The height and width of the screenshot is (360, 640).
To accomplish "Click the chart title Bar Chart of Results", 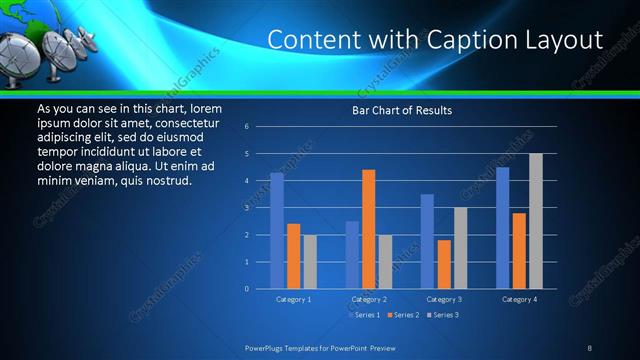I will pos(400,110).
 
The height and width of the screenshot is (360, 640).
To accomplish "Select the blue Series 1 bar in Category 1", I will pos(277,231).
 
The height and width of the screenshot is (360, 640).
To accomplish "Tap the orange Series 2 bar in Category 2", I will pos(369,229).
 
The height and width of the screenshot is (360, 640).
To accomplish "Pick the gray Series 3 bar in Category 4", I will pos(536,221).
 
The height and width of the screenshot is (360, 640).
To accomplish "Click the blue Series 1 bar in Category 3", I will pos(427,241).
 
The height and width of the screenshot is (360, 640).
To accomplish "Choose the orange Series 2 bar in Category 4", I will pos(519,250).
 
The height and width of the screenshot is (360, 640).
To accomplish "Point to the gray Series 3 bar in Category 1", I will pos(310,261).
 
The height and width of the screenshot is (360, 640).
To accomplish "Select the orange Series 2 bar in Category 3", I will pos(444,264).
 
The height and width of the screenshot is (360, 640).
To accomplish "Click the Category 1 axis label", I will pos(294,299).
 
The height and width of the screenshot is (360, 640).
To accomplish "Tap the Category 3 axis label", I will pos(444,299).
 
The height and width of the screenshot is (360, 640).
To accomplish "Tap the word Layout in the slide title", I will pos(565,40).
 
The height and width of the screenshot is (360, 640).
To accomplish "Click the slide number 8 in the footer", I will pos(590,347).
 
